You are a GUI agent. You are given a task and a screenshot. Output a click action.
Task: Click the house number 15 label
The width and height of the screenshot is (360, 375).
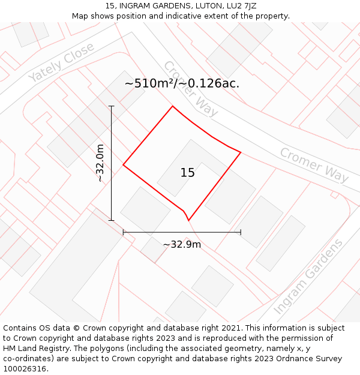point(188,173)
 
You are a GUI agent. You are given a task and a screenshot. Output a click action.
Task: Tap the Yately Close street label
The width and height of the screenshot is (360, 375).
point(61,62)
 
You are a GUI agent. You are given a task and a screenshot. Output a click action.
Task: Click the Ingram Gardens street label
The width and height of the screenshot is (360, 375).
point(308,277)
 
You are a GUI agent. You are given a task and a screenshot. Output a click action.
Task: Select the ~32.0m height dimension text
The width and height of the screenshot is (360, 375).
point(100,163)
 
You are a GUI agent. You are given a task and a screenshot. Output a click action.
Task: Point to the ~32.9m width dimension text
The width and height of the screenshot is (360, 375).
point(182,244)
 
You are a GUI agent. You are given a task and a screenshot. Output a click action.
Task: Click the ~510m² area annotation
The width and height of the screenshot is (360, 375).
point(182,83)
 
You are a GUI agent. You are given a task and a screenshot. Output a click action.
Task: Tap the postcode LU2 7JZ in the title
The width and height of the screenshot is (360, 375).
point(239,6)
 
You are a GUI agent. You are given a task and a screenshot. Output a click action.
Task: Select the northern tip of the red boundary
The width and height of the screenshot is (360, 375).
point(173,106)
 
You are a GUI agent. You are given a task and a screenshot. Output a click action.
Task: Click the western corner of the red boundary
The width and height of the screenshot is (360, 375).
point(123,164)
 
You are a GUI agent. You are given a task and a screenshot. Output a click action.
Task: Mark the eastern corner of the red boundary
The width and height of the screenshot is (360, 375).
point(241,152)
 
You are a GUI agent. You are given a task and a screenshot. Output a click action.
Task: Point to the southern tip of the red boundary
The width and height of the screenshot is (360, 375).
point(189,220)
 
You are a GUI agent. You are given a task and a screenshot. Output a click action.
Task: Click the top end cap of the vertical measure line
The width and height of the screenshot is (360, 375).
point(111,106)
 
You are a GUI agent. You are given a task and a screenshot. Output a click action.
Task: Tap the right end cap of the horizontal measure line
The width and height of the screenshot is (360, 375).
point(241,232)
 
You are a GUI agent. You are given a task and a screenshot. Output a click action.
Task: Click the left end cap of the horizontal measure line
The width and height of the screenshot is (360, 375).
point(123,232)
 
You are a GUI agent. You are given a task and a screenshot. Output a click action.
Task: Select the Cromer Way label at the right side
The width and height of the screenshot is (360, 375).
point(314,164)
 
